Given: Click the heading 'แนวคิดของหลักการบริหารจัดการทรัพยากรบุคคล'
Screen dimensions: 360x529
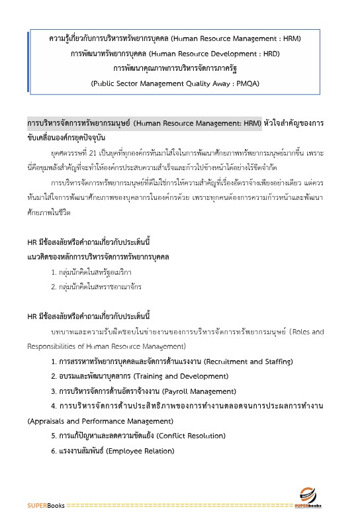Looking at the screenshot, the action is pyautogui.click(x=98, y=256).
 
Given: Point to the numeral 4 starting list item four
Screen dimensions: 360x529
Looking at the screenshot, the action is pyautogui.click(x=54, y=406).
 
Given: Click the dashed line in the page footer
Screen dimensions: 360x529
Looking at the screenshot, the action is pyautogui.click(x=179, y=506).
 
